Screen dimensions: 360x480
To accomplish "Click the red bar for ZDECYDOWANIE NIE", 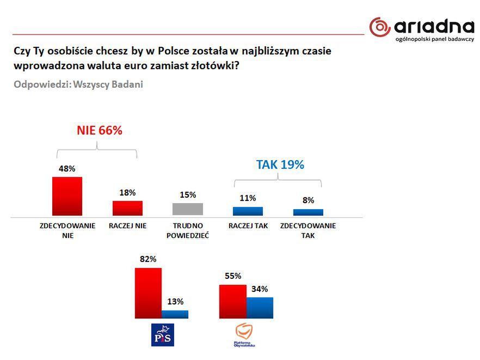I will (67, 196).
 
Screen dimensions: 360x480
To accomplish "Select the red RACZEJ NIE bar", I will (127, 208).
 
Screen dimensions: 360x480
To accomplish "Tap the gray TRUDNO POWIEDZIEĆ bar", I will (187, 209).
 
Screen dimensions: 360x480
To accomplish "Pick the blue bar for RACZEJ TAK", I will (248, 211).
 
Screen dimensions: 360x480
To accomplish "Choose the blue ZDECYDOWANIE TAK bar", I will (308, 212).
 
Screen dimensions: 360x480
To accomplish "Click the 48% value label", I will (67, 169).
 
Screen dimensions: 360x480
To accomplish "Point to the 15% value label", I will (188, 195).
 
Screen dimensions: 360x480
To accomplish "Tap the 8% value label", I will (308, 200).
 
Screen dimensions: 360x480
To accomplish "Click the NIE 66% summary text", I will (99, 131).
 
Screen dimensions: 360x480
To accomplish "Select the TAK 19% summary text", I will (280, 164).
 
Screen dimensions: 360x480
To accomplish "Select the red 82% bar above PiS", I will (148, 292).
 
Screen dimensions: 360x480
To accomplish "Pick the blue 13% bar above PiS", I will (175, 314).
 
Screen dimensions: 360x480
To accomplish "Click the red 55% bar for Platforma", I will (232, 301).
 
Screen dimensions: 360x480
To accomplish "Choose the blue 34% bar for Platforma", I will (260, 308).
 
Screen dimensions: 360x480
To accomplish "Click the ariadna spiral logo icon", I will (380, 27).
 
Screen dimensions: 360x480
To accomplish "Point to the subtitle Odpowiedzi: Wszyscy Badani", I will (78, 85).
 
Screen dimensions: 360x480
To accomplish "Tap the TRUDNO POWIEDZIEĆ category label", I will (188, 231).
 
